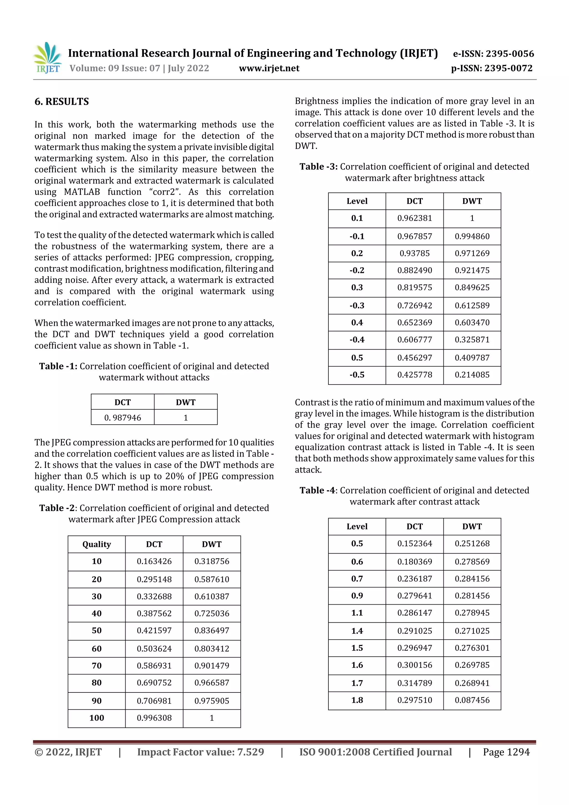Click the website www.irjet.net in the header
click(269, 68)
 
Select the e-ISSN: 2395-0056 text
click(493, 54)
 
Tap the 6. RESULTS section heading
click(62, 102)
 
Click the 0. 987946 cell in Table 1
click(122, 418)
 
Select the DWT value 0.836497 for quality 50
click(212, 630)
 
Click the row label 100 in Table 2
click(96, 718)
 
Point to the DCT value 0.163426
click(154, 561)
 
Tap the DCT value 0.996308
click(154, 718)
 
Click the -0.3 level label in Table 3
click(357, 305)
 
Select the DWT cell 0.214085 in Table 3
click(472, 375)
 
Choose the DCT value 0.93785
click(415, 253)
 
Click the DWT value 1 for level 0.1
click(472, 218)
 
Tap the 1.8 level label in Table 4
click(357, 700)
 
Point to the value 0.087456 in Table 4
click(472, 700)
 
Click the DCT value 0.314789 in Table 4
click(415, 683)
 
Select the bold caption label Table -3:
click(318, 166)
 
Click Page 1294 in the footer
click(506, 752)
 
